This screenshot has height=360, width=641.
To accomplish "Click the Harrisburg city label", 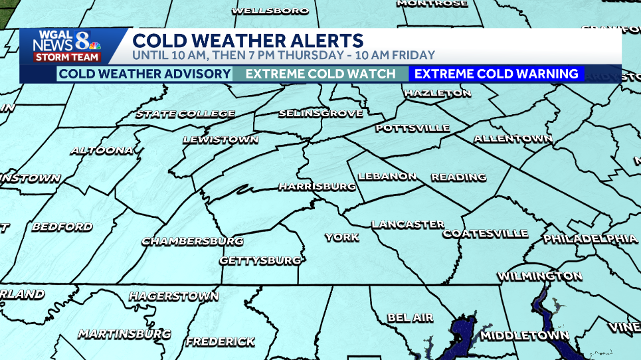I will pyautogui.click(x=317, y=187).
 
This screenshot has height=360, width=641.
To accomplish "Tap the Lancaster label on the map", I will pyautogui.click(x=408, y=225).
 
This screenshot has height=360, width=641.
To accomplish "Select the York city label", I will pyautogui.click(x=342, y=237).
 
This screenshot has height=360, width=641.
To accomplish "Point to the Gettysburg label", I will pyautogui.click(x=260, y=260).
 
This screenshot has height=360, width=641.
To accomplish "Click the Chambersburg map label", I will pyautogui.click(x=193, y=241).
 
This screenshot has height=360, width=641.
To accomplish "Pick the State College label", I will pyautogui.click(x=185, y=114).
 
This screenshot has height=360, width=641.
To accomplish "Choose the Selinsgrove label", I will pyautogui.click(x=321, y=114).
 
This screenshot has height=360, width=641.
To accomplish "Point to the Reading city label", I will pyautogui.click(x=458, y=177).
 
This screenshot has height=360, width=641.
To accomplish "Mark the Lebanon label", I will pyautogui.click(x=387, y=177).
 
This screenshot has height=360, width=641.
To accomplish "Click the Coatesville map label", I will pyautogui.click(x=485, y=234).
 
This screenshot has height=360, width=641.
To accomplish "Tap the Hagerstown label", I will pyautogui.click(x=173, y=296).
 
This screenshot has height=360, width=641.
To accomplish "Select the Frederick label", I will pyautogui.click(x=220, y=342).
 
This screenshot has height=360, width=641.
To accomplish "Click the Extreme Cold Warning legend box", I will pyautogui.click(x=496, y=74).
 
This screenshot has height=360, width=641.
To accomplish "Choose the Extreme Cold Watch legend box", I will pyautogui.click(x=321, y=74).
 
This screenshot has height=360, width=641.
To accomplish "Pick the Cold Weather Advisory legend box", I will pyautogui.click(x=144, y=74).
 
